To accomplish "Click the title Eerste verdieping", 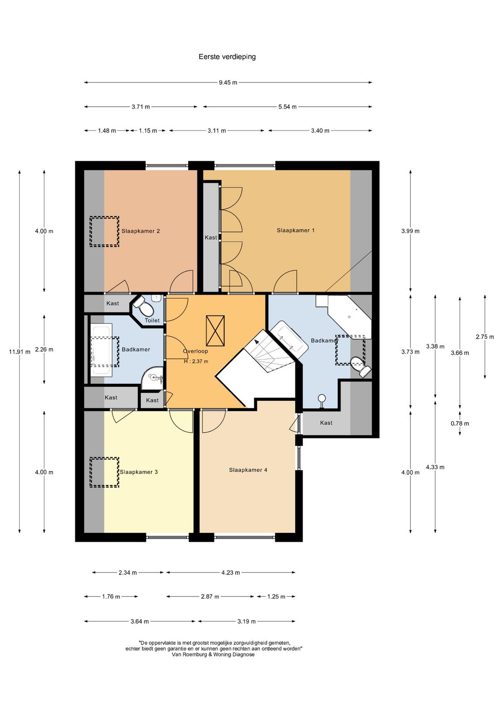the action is tap(227, 57).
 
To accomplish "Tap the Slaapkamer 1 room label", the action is tap(295, 231).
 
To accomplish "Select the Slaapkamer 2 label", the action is tap(141, 231).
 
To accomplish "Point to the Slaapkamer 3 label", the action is tap(139, 472).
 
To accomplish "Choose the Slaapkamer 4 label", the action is tap(248, 470).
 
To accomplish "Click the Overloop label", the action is tap(196, 351).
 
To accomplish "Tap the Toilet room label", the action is tap(152, 321).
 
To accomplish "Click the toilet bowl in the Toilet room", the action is tap(144, 305).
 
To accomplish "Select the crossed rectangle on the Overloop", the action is tap(215, 331).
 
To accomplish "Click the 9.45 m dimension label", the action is tap(228, 83).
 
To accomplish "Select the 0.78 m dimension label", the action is tap(460, 424).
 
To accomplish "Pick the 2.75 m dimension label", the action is tap(485, 337).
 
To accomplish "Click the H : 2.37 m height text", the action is tap(196, 361).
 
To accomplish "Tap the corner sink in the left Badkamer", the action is tap(153, 378).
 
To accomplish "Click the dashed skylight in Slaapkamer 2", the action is tap(104, 232).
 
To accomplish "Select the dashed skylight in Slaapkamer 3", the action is tap(104, 472).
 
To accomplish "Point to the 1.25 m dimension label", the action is tap(276, 597).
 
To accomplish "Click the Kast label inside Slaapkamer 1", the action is tap(211, 238).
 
